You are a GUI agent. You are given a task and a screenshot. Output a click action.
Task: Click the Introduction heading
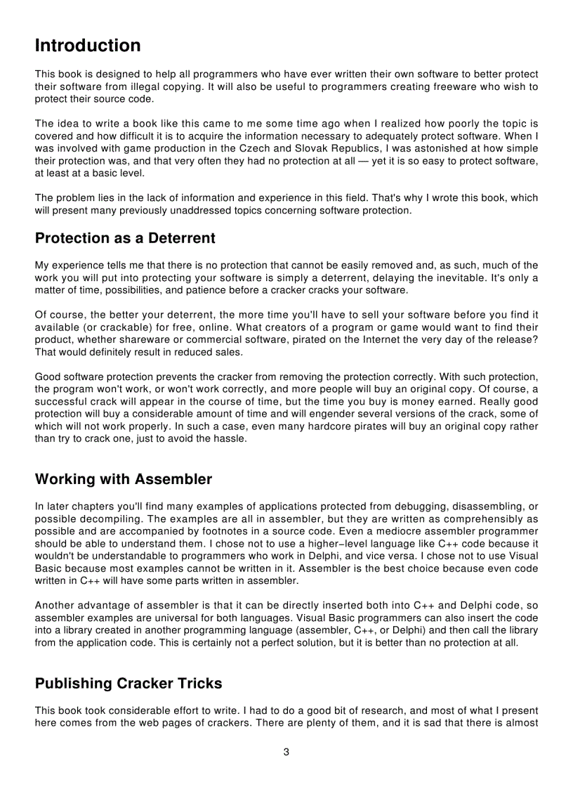click(88, 46)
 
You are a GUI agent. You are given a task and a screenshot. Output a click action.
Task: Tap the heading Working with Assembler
click(123, 479)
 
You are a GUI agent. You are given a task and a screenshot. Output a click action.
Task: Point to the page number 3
click(286, 752)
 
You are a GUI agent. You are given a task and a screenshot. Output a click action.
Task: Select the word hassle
click(229, 439)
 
